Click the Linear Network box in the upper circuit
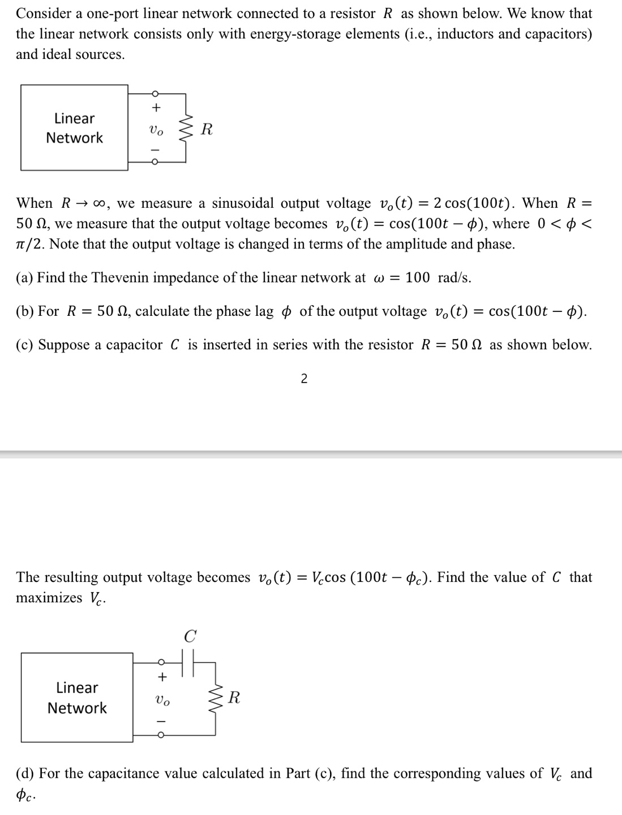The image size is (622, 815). [74, 127]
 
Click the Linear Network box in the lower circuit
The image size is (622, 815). [77, 697]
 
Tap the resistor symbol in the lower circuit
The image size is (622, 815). [215, 698]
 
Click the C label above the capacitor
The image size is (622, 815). [190, 637]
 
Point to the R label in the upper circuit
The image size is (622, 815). [207, 130]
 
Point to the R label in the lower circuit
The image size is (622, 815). [234, 698]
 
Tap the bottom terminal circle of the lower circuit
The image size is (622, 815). [161, 735]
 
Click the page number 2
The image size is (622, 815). [304, 379]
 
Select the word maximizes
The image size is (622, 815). [49, 598]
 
